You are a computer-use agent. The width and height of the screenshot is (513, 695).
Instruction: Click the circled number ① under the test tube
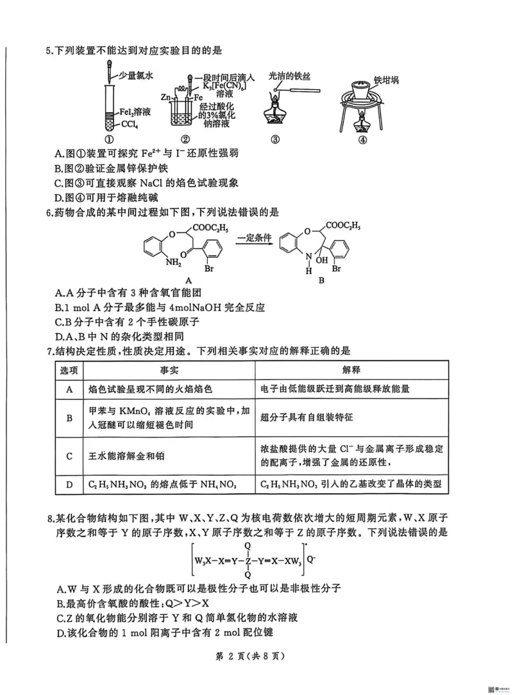pyautogui.click(x=110, y=140)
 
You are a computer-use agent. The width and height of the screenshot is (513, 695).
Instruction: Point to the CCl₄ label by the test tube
pyautogui.click(x=131, y=124)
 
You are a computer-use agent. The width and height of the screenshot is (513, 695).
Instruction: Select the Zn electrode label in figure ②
pyautogui.click(x=165, y=97)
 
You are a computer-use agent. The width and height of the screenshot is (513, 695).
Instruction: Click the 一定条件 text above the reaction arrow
pyautogui.click(x=254, y=239)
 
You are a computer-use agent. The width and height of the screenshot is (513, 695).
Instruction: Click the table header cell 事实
pyautogui.click(x=169, y=370)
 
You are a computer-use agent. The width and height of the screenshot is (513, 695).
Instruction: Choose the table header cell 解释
pyautogui.click(x=351, y=370)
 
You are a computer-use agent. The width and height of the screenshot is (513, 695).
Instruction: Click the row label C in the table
pyautogui.click(x=69, y=456)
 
